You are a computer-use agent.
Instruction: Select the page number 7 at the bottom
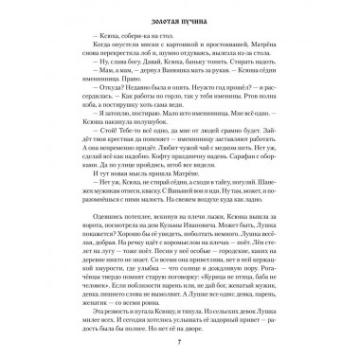(x=180, y=339)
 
